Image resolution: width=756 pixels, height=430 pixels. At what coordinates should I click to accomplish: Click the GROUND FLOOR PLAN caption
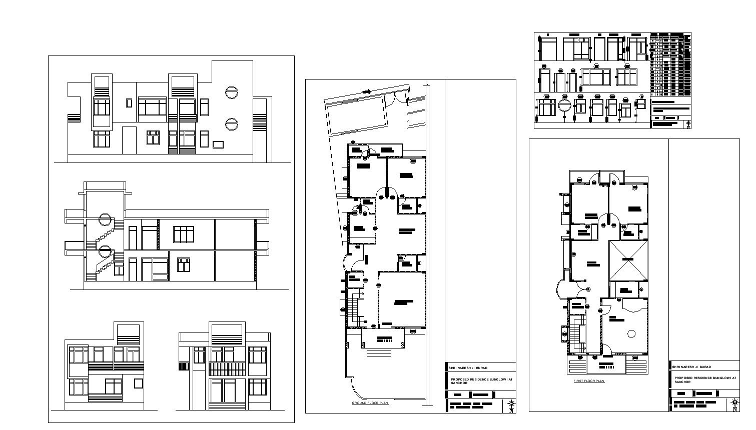coord(370,402)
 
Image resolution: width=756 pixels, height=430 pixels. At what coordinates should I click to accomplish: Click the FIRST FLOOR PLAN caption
coord(589,381)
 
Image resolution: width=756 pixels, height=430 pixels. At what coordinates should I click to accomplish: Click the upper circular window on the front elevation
coord(231,92)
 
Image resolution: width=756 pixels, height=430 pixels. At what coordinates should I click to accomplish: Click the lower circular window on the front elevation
coord(231,123)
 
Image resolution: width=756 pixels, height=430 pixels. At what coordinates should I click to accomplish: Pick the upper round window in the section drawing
coord(105,219)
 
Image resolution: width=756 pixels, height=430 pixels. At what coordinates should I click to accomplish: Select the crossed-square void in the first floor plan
coord(627,260)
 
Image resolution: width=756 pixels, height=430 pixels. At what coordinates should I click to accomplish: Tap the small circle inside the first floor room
coord(631,333)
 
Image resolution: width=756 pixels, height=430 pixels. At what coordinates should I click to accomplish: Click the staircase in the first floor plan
coord(580,333)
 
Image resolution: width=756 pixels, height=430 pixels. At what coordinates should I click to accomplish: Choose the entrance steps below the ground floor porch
coord(383,352)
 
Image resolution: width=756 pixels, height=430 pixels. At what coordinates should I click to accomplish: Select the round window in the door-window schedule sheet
coord(564,106)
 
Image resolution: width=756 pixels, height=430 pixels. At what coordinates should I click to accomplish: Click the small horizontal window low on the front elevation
coord(218,144)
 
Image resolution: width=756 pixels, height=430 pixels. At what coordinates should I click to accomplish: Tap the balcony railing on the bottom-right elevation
coord(227,369)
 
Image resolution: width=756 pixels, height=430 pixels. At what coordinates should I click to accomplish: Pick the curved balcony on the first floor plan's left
coord(561,289)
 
